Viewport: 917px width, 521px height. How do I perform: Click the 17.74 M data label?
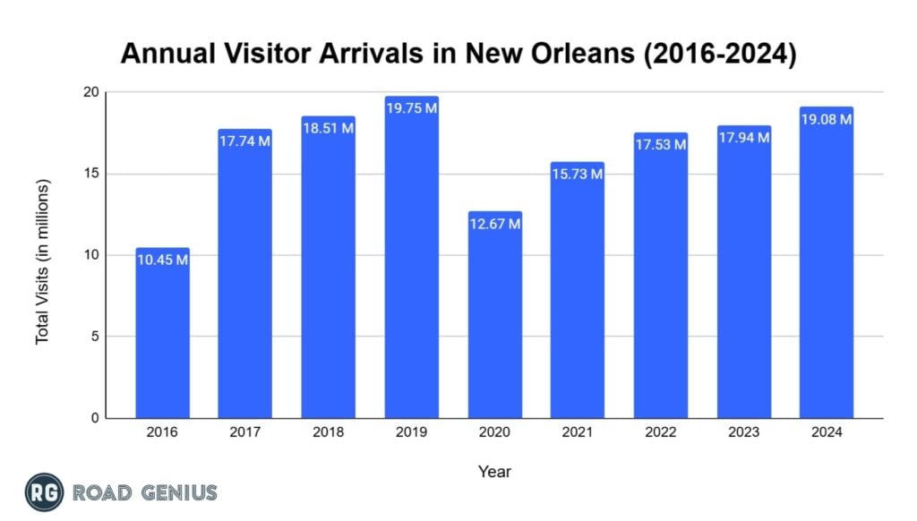[245, 141]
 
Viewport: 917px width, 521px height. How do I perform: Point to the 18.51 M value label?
[328, 128]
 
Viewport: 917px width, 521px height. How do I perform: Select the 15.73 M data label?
[577, 174]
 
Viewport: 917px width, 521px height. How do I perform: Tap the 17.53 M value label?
[660, 144]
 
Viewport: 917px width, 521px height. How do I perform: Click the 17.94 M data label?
[743, 138]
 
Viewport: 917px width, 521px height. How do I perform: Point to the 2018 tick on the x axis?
[328, 432]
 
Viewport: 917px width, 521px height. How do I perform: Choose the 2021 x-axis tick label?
[577, 432]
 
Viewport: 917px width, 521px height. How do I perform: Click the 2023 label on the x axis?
[743, 432]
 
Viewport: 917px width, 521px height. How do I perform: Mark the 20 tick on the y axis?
[90, 92]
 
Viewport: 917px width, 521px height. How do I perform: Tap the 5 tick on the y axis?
[95, 337]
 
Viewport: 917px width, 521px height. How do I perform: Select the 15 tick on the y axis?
[90, 174]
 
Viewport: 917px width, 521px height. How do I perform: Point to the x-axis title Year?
[494, 471]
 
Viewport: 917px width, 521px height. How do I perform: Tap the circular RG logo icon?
[42, 491]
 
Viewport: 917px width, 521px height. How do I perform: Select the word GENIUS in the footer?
[175, 492]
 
